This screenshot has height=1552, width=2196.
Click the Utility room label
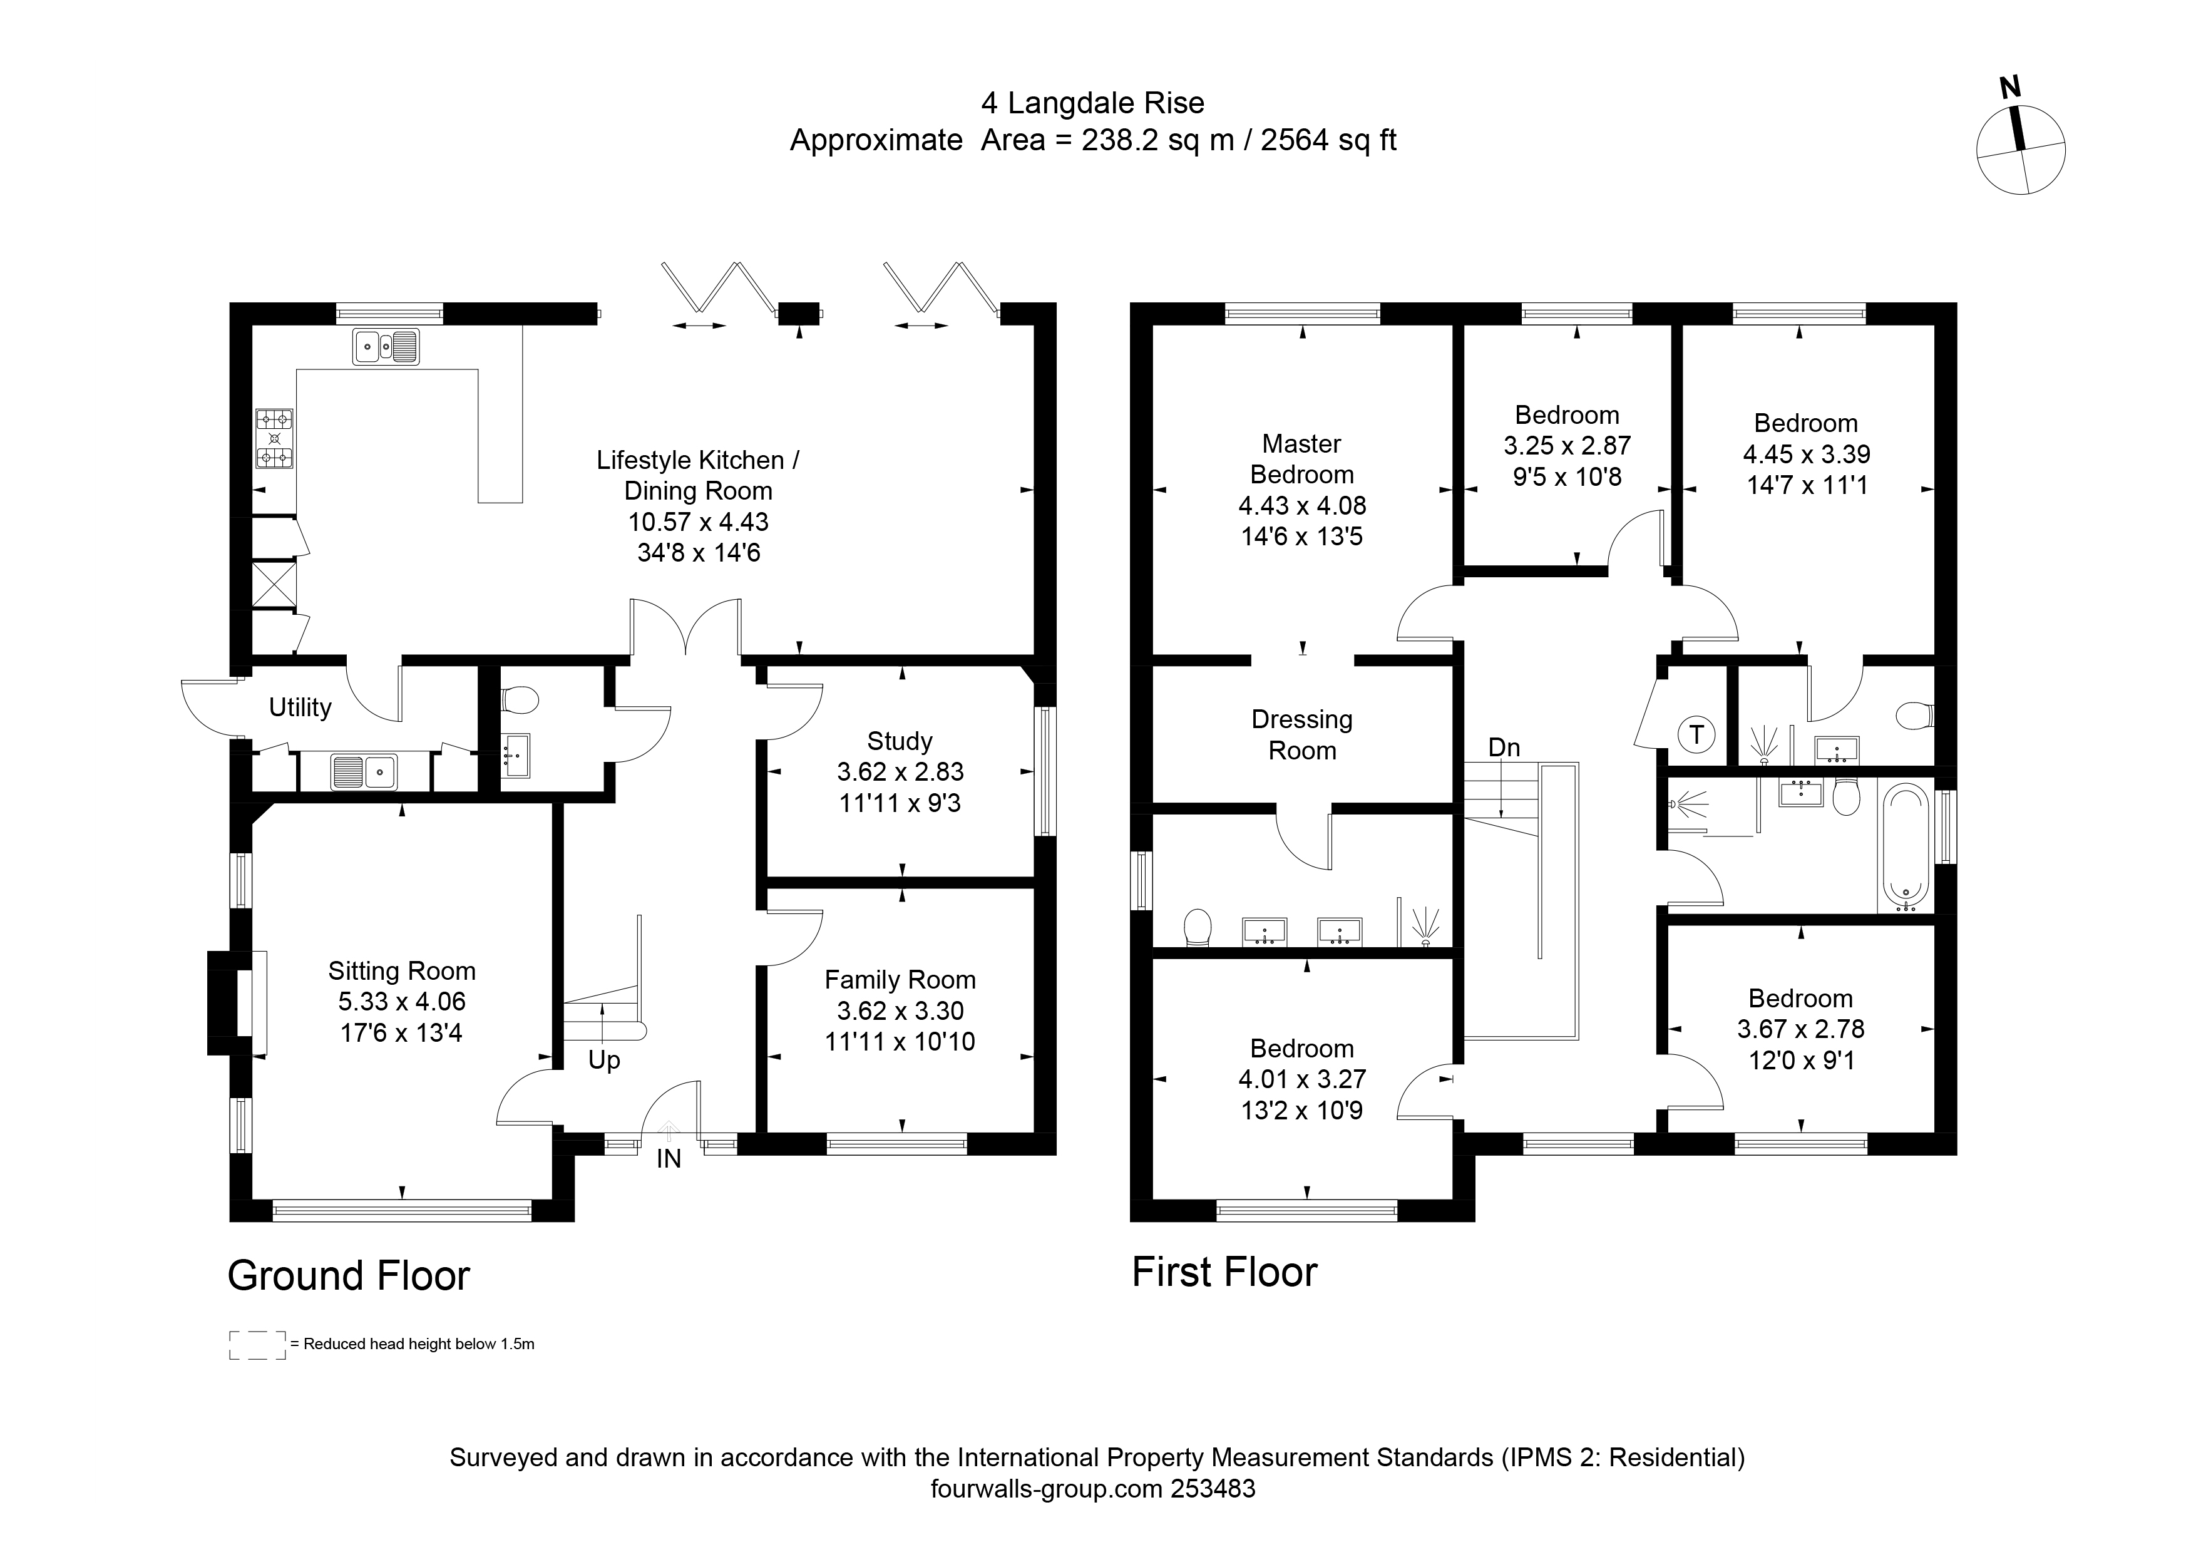[300, 707]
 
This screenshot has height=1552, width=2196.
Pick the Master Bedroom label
[1301, 459]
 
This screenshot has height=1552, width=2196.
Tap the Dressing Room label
[1301, 734]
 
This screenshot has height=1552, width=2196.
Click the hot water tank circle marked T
[1696, 734]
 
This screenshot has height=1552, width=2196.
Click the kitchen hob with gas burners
[274, 438]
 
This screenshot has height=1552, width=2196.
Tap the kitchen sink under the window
[386, 346]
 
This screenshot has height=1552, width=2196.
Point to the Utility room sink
[364, 773]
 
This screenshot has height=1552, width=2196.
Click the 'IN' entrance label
[669, 1159]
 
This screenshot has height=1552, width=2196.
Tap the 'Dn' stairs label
[1504, 748]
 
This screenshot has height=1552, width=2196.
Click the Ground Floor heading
[349, 1276]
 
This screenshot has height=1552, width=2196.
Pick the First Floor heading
[1225, 1272]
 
